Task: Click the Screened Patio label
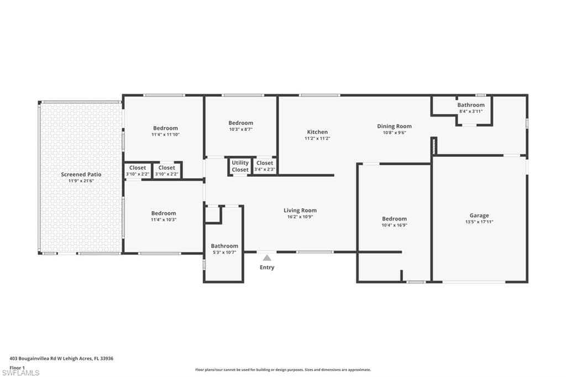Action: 81,175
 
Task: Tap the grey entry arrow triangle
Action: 267,258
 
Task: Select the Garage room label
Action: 479,215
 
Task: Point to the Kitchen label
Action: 317,132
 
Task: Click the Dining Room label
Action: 394,126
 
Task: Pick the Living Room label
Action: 300,210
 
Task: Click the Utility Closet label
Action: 240,166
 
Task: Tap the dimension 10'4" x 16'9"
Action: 394,225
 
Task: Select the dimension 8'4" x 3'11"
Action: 471,111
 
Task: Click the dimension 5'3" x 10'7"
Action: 224,253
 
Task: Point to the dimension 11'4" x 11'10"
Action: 165,134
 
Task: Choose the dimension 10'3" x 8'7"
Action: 240,129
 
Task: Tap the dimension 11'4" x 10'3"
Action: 164,219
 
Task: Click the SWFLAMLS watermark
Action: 20,373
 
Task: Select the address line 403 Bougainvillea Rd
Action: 61,359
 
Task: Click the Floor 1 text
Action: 17,368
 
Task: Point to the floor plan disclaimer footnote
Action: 283,370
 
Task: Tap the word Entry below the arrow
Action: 267,267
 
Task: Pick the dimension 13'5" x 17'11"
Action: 479,222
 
